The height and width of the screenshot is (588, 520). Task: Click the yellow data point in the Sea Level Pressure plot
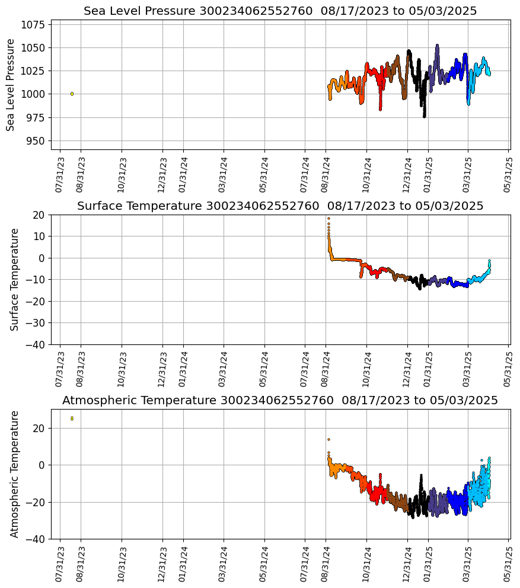tap(72, 94)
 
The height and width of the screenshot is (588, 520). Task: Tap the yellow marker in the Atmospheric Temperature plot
tap(72, 418)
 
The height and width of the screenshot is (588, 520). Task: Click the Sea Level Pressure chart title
tap(280, 11)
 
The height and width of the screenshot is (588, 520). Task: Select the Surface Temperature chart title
tap(280, 206)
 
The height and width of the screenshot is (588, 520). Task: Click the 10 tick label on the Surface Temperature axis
tap(39, 236)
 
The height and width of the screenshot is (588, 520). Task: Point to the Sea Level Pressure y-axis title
tap(11, 85)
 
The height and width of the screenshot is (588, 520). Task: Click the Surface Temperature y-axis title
tap(15, 279)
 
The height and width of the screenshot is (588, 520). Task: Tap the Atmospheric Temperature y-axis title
tap(15, 474)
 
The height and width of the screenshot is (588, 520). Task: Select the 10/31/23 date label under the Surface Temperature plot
tap(122, 370)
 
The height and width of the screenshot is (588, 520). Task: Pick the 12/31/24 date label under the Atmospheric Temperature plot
tap(407, 564)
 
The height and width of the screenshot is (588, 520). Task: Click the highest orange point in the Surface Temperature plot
tap(328, 218)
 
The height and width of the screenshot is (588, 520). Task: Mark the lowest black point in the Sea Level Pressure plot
tap(424, 116)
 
